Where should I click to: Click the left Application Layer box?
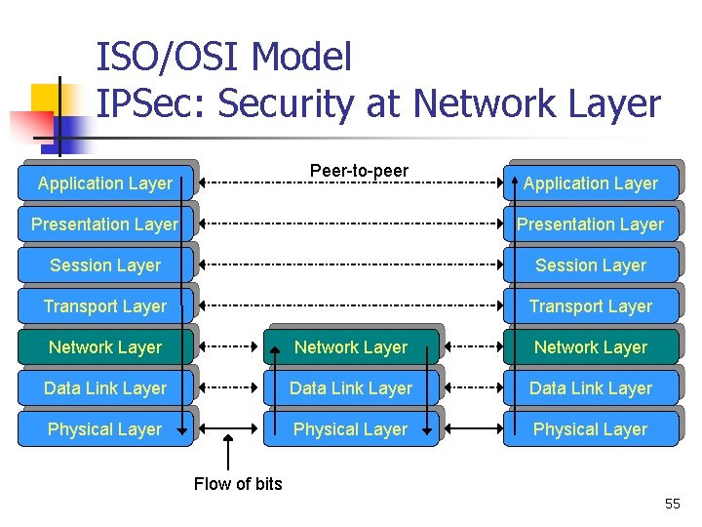coord(105,183)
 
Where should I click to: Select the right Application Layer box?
coord(591,183)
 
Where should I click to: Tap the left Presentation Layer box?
coord(105,224)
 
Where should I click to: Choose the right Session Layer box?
coord(591,265)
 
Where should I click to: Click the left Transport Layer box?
coord(105,306)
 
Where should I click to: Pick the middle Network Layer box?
coord(351,347)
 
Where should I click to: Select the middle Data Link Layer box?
coord(351,388)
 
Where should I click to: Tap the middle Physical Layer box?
coord(351,429)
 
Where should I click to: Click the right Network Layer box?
coord(591,347)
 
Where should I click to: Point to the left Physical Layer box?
coord(105,429)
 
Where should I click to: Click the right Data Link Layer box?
coord(591,388)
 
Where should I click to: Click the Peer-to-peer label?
coord(359,172)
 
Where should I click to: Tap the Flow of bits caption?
coord(238,484)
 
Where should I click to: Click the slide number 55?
coord(673,504)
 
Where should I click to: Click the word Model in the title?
coord(301,58)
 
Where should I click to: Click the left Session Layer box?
coord(105,265)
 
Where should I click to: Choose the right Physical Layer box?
coord(591,429)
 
